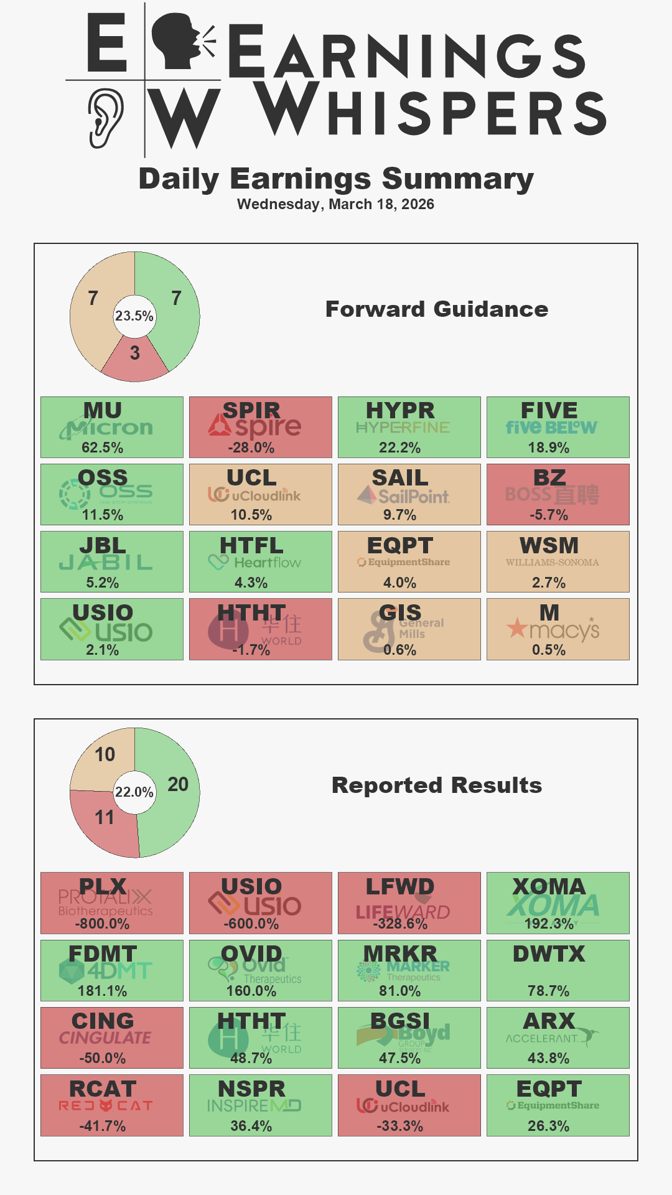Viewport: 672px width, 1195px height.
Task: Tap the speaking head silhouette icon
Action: click(177, 40)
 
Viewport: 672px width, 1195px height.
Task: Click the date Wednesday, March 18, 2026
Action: click(335, 204)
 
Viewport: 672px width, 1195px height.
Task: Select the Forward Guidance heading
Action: click(436, 309)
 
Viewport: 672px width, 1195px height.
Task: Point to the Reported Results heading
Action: click(436, 785)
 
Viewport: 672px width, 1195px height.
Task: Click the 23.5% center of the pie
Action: click(134, 316)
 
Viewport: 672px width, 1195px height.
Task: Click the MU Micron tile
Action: click(112, 428)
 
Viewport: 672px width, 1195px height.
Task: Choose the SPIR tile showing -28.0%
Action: click(260, 428)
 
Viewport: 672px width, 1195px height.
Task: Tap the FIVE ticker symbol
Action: click(549, 411)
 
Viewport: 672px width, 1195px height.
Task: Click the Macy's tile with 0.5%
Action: click(558, 629)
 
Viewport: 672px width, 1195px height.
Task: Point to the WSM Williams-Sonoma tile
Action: click(558, 562)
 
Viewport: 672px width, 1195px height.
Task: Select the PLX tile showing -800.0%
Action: click(112, 903)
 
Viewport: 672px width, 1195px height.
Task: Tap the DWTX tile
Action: click(558, 970)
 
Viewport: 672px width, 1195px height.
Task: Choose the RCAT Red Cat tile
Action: click(112, 1105)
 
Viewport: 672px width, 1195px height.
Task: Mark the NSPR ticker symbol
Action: click(251, 1089)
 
